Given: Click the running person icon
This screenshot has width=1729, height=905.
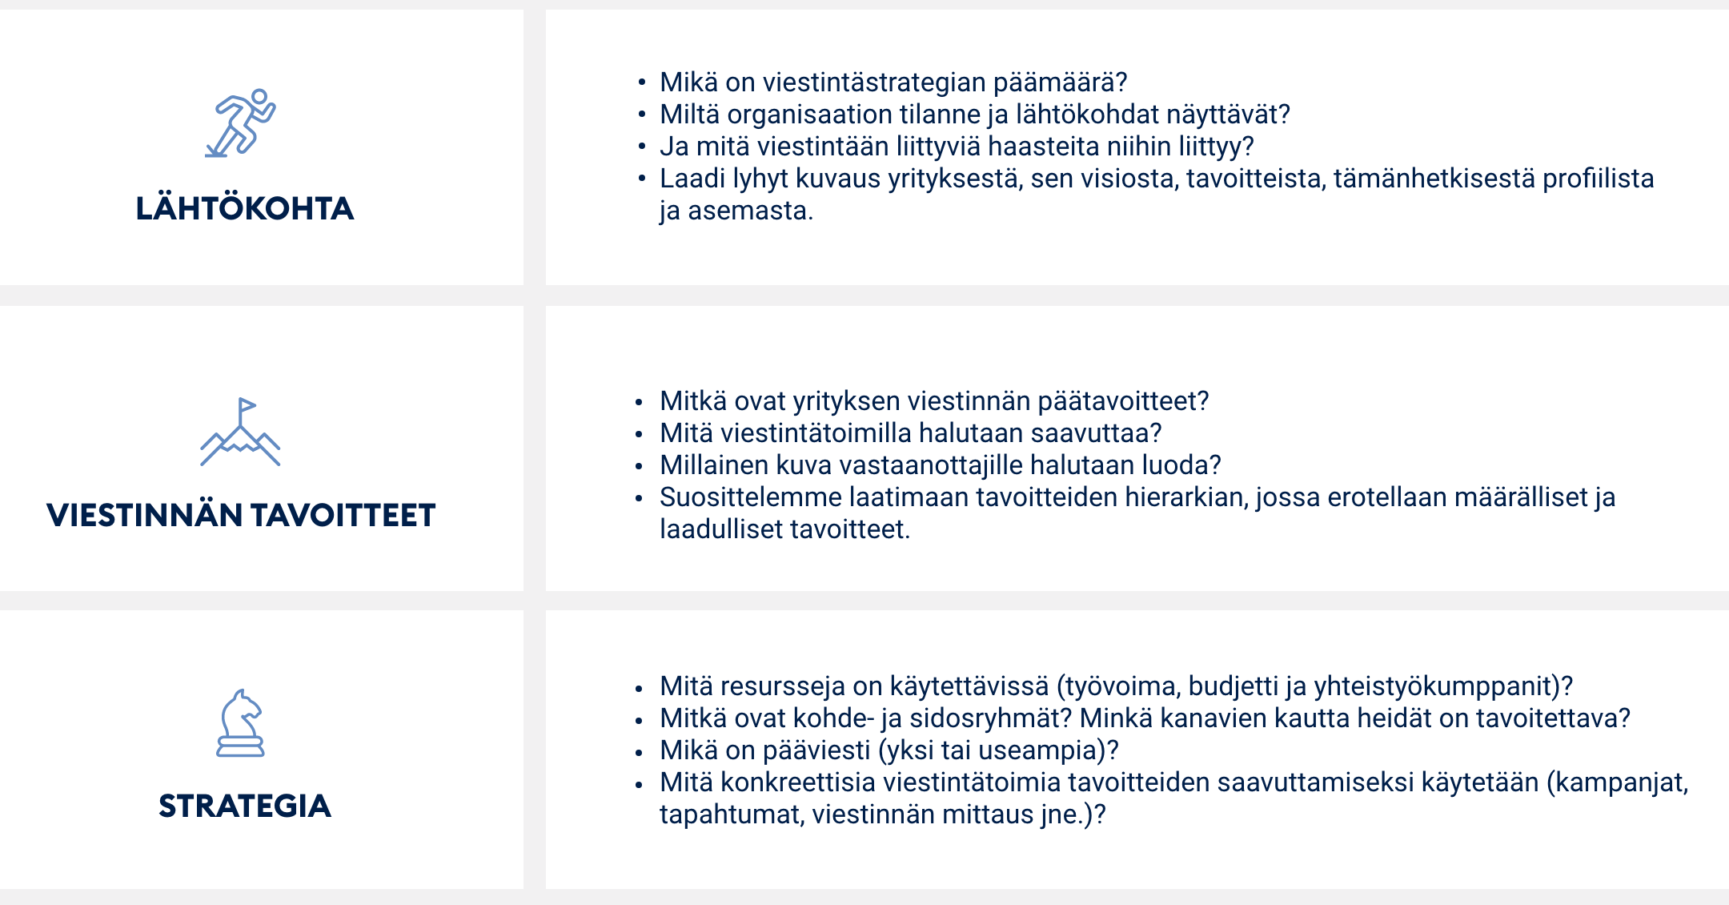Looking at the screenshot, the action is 240,123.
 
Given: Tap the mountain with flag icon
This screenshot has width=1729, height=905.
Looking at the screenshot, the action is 240,432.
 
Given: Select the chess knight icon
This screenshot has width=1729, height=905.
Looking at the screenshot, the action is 240,723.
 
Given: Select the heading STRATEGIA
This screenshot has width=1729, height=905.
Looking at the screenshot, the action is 245,806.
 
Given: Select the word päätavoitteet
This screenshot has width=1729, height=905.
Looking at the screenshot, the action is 1123,401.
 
